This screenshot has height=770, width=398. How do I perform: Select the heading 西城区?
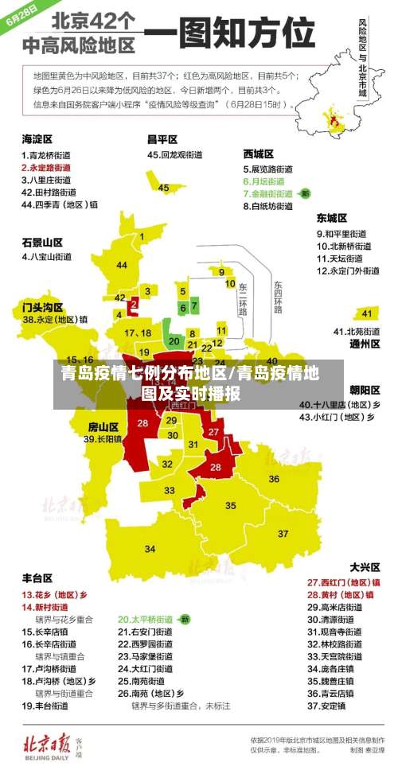pyautogui.click(x=258, y=154)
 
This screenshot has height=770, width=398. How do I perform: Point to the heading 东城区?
pyautogui.click(x=332, y=217)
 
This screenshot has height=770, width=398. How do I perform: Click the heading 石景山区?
pyautogui.click(x=42, y=242)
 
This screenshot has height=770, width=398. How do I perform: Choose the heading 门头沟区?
pyautogui.click(x=42, y=306)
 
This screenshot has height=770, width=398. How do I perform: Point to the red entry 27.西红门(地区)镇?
pyautogui.click(x=343, y=581)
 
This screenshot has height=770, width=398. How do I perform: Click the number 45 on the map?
pyautogui.click(x=163, y=188)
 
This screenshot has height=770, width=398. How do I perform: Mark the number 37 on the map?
pyautogui.click(x=283, y=533)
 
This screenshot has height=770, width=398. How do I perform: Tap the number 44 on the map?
pyautogui.click(x=122, y=265)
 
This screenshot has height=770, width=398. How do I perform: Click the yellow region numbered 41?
pyautogui.click(x=366, y=313)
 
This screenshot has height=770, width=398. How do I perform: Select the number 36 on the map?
pyautogui.click(x=273, y=479)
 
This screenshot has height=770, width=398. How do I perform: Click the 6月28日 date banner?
pyautogui.click(x=21, y=17)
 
